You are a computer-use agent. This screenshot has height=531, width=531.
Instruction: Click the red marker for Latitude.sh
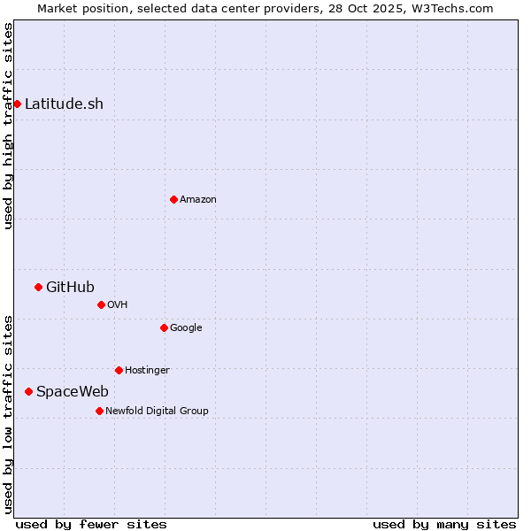pyautogui.click(x=17, y=104)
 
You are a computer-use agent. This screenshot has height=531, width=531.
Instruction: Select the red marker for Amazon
pyautogui.click(x=173, y=199)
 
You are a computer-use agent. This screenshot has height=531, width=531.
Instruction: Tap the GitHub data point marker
pyautogui.click(x=38, y=287)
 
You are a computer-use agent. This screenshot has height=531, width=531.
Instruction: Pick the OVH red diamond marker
pyautogui.click(x=101, y=304)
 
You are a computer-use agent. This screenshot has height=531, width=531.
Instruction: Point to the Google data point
pyautogui.click(x=164, y=327)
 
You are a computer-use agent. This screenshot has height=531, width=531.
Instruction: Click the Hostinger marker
pyautogui.click(x=119, y=370)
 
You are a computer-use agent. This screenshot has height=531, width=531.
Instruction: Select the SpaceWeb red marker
pyautogui.click(x=28, y=391)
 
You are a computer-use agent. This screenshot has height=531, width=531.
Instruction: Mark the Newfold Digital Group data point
pyautogui.click(x=99, y=411)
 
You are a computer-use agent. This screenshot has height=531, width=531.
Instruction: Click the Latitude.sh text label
pyautogui.click(x=64, y=104)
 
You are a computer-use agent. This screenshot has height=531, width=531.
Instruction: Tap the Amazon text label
pyautogui.click(x=198, y=199)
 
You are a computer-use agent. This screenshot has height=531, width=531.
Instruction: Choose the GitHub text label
pyautogui.click(x=70, y=287)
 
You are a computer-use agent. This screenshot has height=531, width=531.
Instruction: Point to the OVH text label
pyautogui.click(x=118, y=304)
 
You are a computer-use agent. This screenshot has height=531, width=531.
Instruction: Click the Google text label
pyautogui.click(x=186, y=327)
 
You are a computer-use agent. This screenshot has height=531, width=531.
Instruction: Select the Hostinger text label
pyautogui.click(x=147, y=370)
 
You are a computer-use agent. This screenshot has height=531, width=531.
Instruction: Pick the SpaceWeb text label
pyautogui.click(x=73, y=391)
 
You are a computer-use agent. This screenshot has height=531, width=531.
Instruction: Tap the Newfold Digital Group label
pyautogui.click(x=157, y=411)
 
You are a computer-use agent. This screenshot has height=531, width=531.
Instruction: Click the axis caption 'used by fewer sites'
pyautogui.click(x=91, y=524)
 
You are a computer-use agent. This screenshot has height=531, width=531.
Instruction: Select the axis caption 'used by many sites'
pyautogui.click(x=444, y=524)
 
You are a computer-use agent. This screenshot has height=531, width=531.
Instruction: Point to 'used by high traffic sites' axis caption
pyautogui.click(x=8, y=126)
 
